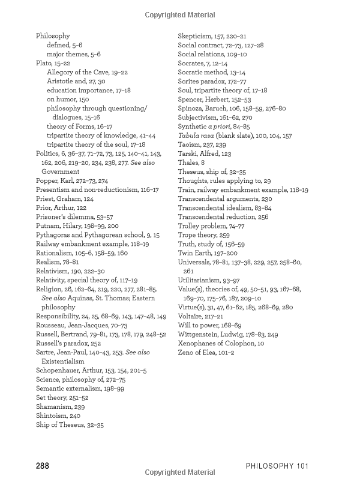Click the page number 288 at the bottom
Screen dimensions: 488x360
click(42, 466)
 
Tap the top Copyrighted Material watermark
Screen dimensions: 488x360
click(179, 14)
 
